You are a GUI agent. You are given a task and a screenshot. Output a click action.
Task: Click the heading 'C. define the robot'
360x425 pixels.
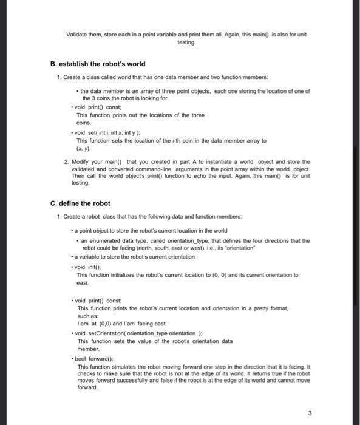coord(80,202)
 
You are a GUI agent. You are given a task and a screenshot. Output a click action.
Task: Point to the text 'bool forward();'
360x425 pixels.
coord(98,359)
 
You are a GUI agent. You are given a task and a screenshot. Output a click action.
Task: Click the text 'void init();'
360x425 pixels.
coord(92,267)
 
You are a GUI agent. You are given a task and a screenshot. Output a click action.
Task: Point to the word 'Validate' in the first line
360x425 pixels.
coord(78,34)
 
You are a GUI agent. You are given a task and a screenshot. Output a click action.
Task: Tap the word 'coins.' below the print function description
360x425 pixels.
coord(84,121)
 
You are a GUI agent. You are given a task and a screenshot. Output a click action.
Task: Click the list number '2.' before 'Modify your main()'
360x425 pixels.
coord(66,162)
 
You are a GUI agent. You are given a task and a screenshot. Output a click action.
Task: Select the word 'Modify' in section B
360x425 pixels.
coord(82,162)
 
